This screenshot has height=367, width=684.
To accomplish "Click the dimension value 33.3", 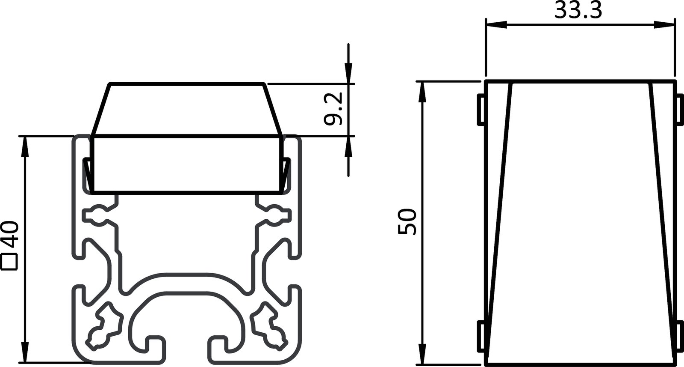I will coord(578,11).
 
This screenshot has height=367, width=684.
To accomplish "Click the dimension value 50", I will coord(407,221).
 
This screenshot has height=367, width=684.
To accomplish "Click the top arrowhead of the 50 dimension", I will coord(423,91).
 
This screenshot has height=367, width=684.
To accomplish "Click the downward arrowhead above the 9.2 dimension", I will coord(349,73).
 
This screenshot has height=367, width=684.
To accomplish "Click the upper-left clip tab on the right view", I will coord(481,110).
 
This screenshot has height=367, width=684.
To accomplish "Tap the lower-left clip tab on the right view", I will coord(481,338).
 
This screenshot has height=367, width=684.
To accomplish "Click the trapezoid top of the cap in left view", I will coord(186,109).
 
